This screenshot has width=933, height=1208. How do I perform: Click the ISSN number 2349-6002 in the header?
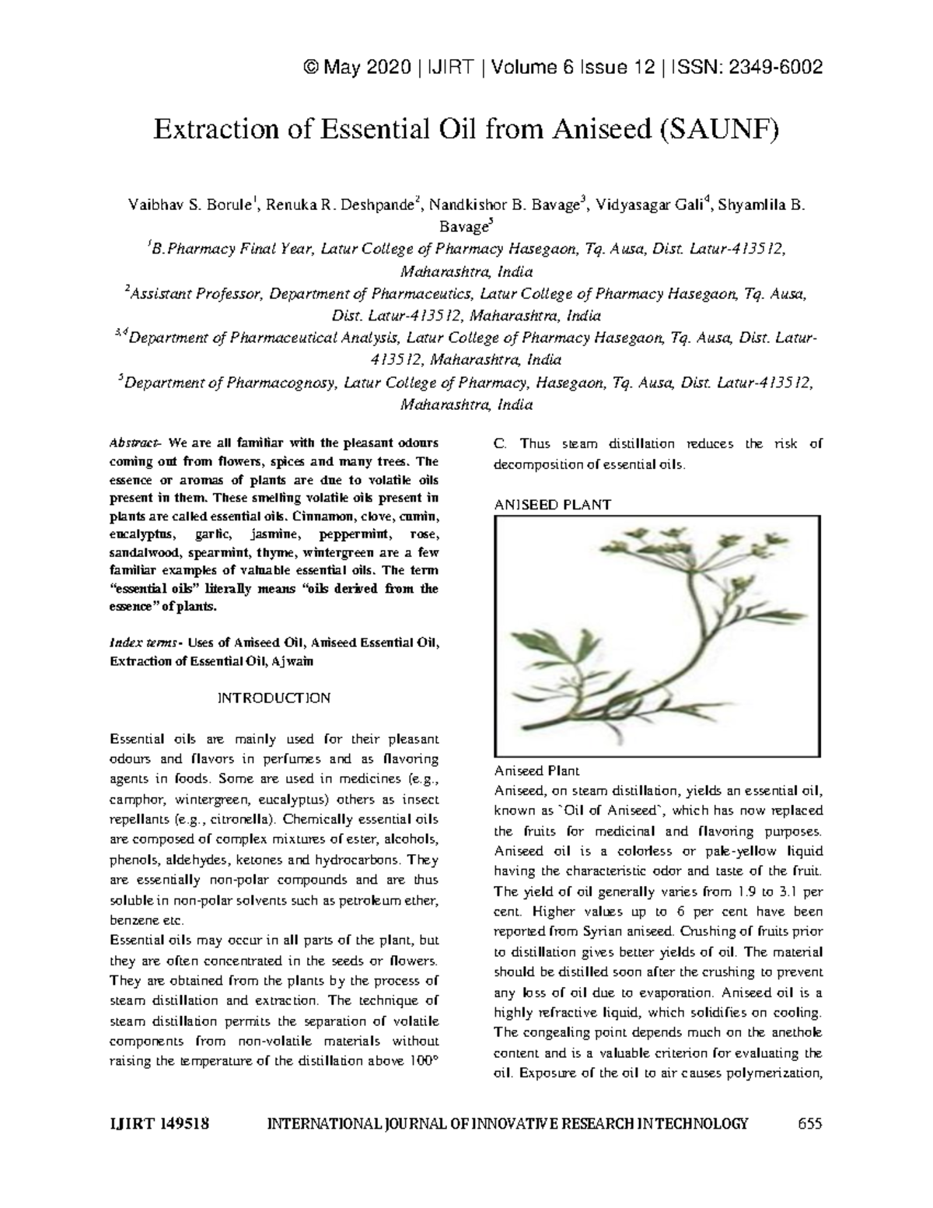pos(774,68)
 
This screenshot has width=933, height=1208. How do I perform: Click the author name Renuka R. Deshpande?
pos(341,206)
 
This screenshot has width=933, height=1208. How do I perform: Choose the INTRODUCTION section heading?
pos(274,698)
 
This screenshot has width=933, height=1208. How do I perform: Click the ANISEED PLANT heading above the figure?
pos(553,505)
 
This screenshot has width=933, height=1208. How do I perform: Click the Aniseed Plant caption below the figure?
pos(537,772)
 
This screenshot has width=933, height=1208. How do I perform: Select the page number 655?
pos(809,1124)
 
